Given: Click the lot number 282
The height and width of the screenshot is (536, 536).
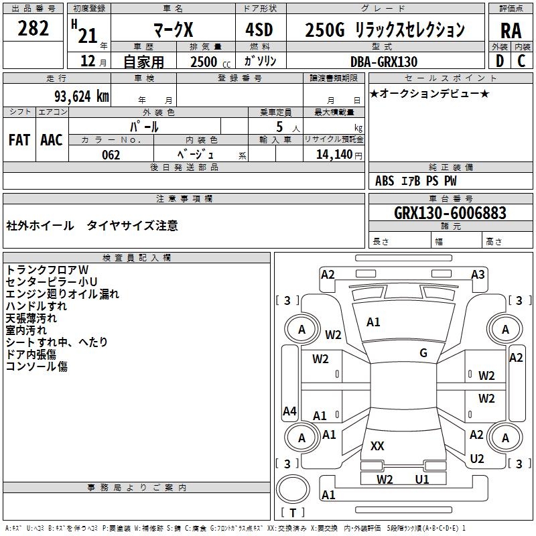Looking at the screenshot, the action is click(33, 28).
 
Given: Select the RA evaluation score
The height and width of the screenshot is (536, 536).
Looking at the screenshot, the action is click(511, 31).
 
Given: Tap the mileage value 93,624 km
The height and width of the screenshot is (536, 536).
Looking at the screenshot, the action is click(82, 96).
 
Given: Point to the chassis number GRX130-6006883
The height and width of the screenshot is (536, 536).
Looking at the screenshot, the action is click(450, 212).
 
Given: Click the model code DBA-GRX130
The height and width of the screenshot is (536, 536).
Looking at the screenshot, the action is click(383, 62).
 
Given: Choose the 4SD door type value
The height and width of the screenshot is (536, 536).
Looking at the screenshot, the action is click(259, 29).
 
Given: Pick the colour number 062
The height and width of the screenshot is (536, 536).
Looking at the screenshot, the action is click(111, 155).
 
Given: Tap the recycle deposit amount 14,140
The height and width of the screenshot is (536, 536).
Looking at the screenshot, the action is click(334, 154).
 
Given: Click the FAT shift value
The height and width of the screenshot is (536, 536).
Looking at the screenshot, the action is click(19, 140).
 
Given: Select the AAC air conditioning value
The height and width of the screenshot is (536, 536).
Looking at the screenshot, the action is click(52, 140).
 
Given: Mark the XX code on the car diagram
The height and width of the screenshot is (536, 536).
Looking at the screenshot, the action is click(377, 446).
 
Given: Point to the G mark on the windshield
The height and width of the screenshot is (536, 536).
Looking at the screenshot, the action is click(423, 353).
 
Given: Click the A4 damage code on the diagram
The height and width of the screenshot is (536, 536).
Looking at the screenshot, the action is click(289, 411).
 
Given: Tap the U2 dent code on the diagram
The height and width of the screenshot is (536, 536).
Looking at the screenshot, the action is click(477, 459).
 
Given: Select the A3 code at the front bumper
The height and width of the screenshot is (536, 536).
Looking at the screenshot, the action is click(478, 274).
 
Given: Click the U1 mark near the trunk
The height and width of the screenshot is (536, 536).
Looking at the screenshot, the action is click(422, 479).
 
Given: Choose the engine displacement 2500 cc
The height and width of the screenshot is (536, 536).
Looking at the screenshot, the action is click(210, 62).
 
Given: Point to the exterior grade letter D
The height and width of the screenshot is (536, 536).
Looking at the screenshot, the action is click(500, 61).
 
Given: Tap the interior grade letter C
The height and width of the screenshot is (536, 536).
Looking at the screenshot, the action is click(521, 61).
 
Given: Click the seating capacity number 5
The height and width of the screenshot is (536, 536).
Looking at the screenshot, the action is click(279, 127).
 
